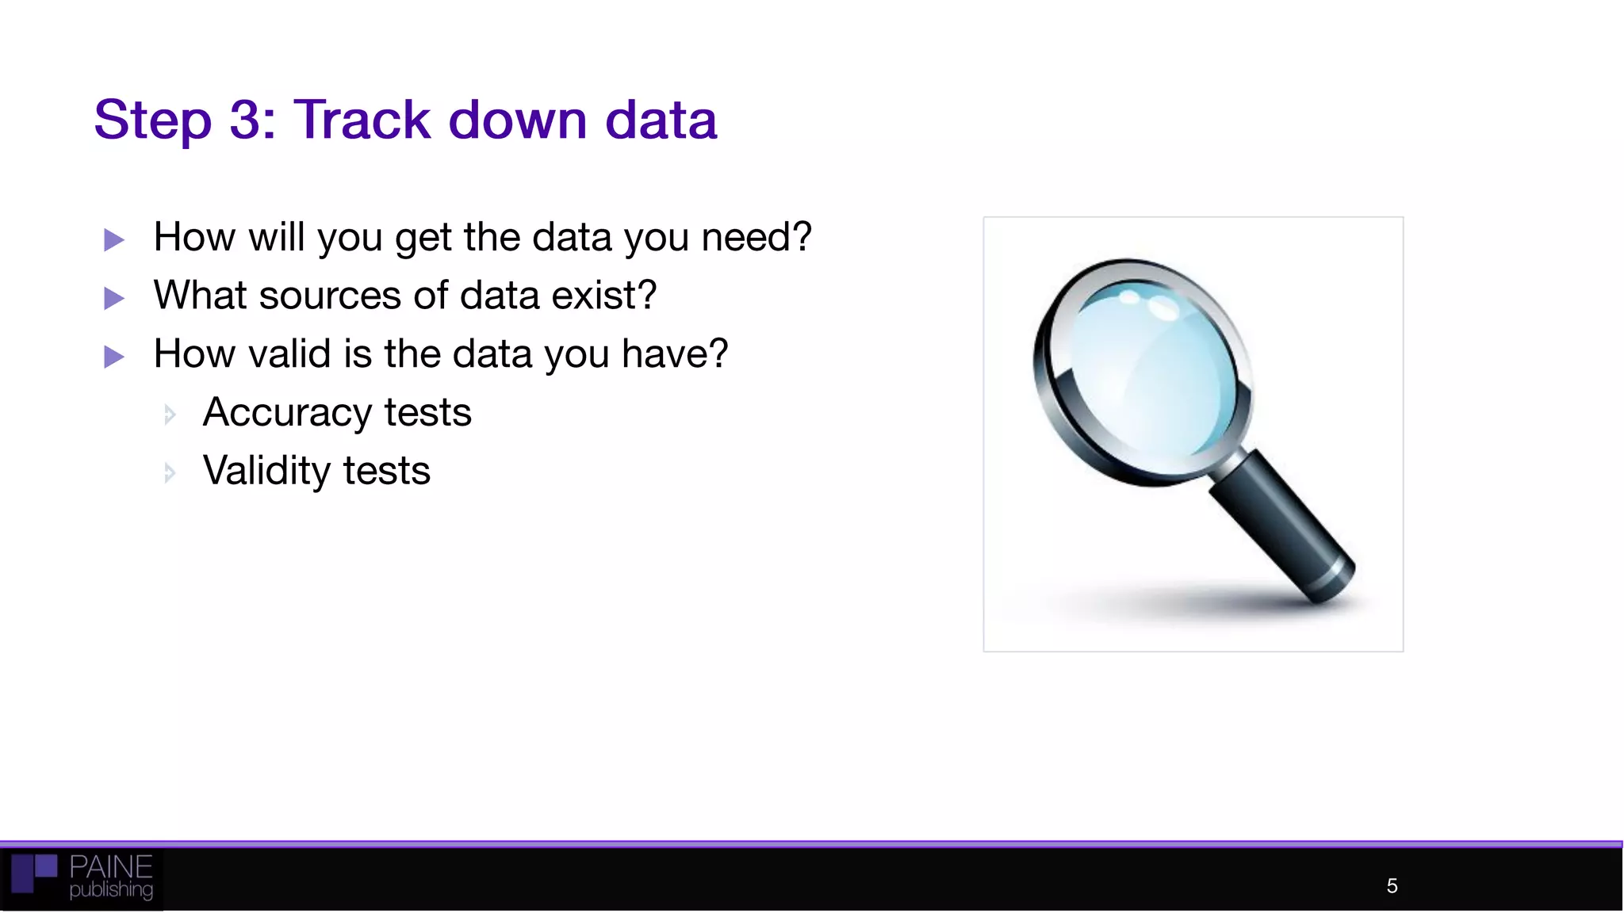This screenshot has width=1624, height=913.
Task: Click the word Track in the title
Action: [x=362, y=120]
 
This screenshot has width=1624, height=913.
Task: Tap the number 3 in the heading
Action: [x=250, y=120]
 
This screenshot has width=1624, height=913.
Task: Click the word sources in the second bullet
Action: [x=330, y=296]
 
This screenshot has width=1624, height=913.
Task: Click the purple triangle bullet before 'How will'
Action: [x=114, y=239]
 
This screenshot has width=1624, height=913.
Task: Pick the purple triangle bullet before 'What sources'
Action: [x=114, y=298]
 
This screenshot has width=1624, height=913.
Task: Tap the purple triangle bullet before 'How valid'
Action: [x=114, y=357]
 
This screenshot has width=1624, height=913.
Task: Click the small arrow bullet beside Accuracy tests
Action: [x=169, y=414]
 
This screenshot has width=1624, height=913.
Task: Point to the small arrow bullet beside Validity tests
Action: [x=169, y=473]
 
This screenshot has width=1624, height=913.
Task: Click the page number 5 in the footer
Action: [x=1392, y=886]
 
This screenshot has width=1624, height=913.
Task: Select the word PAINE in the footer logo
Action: [x=110, y=866]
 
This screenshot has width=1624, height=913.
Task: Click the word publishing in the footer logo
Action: [x=111, y=890]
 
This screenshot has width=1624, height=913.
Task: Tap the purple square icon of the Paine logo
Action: [x=33, y=873]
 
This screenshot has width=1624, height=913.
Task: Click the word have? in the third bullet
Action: [x=674, y=353]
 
